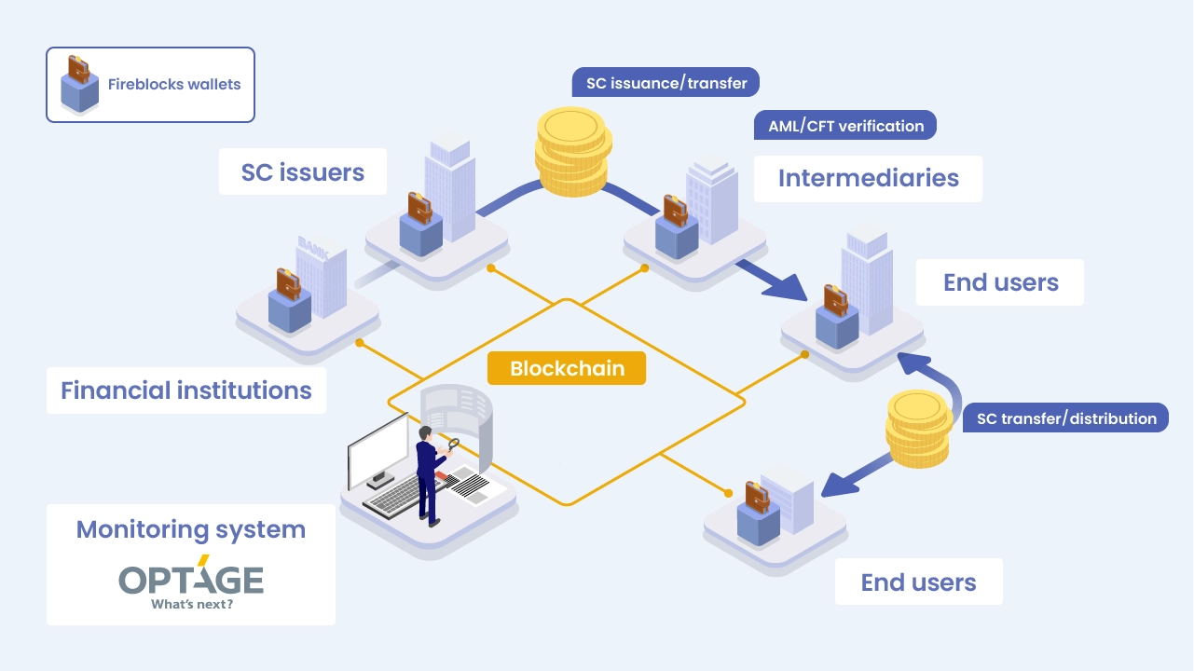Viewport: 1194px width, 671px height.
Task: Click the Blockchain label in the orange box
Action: [x=566, y=369]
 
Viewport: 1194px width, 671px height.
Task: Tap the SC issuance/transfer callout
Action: [x=666, y=83]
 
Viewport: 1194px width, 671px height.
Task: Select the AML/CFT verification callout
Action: [x=845, y=126]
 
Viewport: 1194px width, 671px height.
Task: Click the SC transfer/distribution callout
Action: [x=1066, y=418]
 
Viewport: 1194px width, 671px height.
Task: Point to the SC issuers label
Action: [x=302, y=172]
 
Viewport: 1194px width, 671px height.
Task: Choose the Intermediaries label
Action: [x=868, y=178]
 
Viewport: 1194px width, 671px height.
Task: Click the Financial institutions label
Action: [x=186, y=390]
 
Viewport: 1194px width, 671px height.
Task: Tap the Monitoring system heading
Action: [x=190, y=529]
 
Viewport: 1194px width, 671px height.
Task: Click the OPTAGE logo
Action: [x=190, y=579]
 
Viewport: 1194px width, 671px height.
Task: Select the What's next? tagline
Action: [x=191, y=604]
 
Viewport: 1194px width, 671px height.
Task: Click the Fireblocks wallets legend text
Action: [x=174, y=84]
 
